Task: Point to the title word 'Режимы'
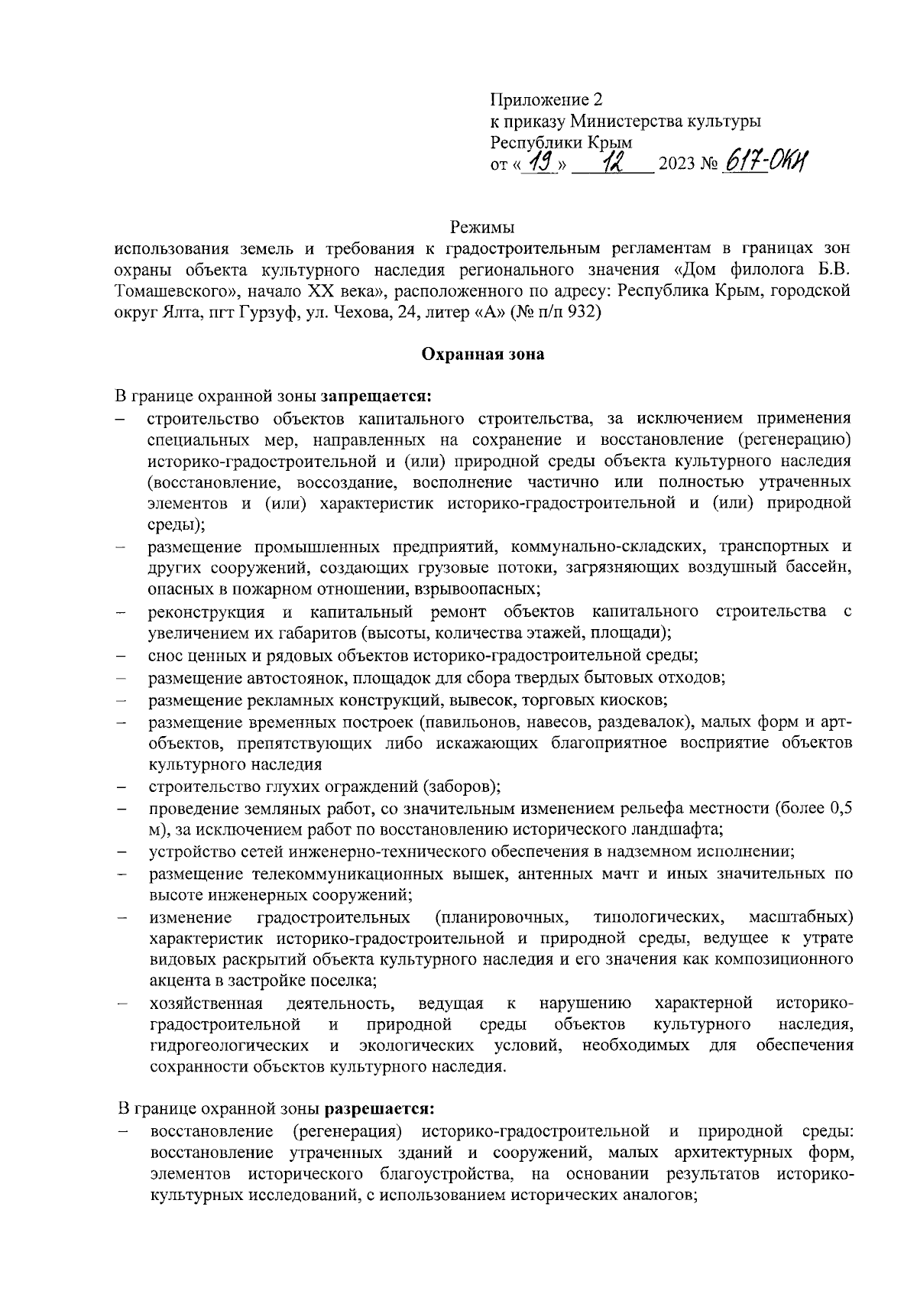482,227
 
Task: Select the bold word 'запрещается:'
377,397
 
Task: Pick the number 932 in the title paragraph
585,312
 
